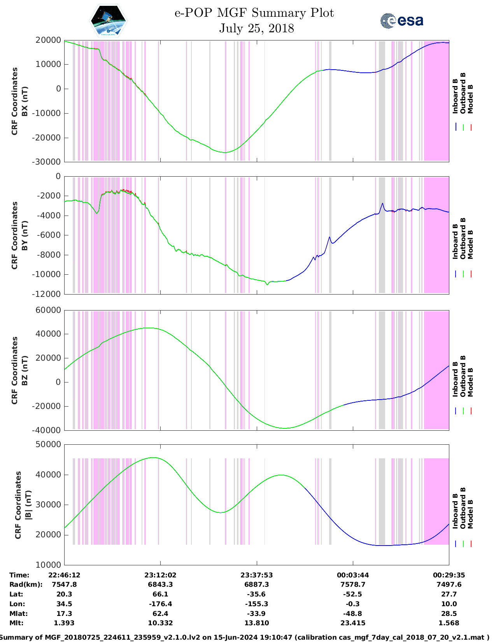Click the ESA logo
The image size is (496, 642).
[x=401, y=21]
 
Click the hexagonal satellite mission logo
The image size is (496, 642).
[x=108, y=21]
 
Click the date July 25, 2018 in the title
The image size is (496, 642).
[x=256, y=28]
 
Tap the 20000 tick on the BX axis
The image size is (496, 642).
[x=48, y=40]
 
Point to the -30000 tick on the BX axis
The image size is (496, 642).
[x=48, y=162]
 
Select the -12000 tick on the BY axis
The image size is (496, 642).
[x=48, y=294]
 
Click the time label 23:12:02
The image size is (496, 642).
[x=160, y=575]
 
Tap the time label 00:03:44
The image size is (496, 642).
[x=353, y=575]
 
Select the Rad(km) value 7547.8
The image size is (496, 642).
[x=64, y=584]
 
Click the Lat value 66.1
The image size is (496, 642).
[x=160, y=594]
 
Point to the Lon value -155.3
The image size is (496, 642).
[x=257, y=604]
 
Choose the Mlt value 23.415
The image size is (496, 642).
[x=353, y=623]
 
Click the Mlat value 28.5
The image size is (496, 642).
[x=449, y=614]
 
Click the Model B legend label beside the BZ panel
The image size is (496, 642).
[x=470, y=382]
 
